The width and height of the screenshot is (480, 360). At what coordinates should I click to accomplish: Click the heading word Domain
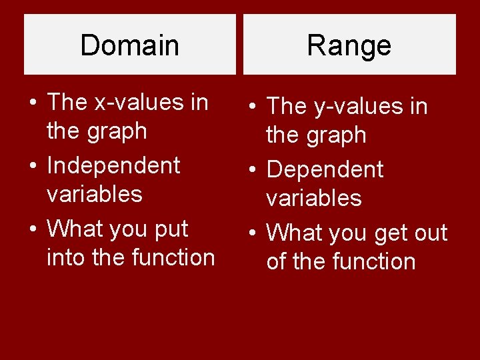click(x=129, y=45)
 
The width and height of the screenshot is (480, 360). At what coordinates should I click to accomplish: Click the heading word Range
click(x=349, y=45)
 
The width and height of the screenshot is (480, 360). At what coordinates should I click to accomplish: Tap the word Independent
click(x=113, y=165)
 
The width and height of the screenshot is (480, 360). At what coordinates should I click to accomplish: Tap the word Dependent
click(x=325, y=169)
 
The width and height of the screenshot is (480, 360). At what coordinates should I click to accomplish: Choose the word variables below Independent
click(x=94, y=194)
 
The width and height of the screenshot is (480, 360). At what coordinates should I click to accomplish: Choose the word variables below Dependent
click(x=314, y=198)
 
